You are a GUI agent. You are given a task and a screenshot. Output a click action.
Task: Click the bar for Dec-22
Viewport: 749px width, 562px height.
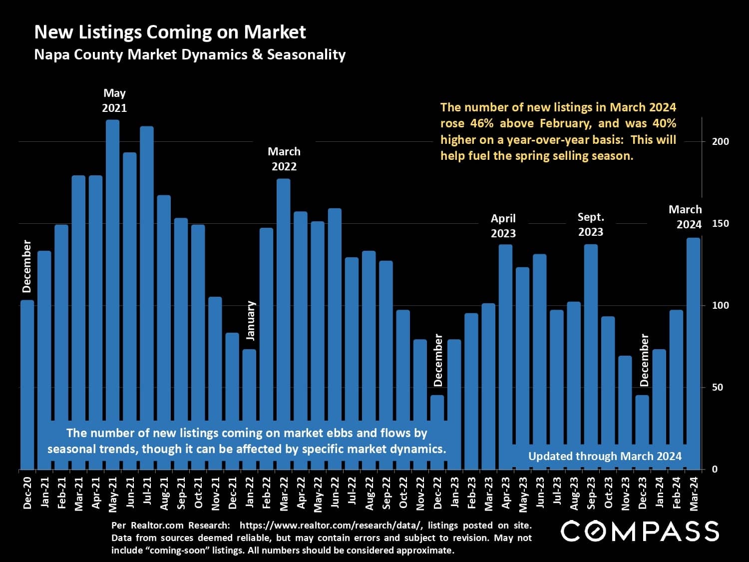click(437, 407)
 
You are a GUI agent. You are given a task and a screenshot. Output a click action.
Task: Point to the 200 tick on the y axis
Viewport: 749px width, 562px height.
click(721, 141)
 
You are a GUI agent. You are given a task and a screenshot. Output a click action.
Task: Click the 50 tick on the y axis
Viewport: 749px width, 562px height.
click(717, 388)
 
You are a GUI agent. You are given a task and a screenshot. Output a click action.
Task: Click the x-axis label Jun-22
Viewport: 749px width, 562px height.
click(335, 492)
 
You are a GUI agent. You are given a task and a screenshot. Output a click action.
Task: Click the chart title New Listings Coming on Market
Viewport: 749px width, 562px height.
click(170, 32)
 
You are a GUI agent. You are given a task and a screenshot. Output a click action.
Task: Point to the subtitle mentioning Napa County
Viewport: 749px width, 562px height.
click(190, 54)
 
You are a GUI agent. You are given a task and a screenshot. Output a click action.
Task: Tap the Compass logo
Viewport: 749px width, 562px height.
click(640, 531)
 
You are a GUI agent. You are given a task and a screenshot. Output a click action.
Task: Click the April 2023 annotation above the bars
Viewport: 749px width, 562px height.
click(503, 226)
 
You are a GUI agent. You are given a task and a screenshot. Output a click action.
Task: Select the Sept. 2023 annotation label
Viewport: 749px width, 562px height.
click(591, 224)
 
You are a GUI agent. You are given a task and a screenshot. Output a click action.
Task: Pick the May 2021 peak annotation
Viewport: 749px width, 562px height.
click(114, 100)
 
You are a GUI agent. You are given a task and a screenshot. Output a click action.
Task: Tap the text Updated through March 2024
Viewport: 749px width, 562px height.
click(605, 456)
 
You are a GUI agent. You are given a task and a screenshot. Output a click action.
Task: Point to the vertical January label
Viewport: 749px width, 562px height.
click(251, 321)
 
